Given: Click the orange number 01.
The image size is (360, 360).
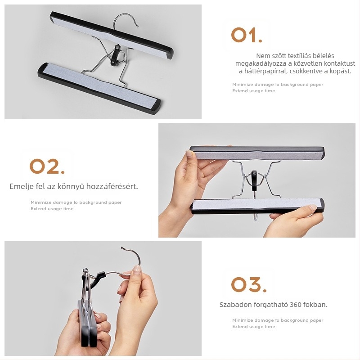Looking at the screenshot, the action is (x=247, y=35).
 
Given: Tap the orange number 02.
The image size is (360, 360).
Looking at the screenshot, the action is (x=47, y=166).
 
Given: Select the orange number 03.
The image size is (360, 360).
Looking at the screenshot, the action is (x=249, y=284).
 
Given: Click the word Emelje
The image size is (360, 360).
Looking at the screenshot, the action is (x=22, y=186).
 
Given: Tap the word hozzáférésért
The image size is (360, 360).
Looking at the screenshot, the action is (x=112, y=186).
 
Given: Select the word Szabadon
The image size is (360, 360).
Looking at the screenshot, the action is (x=234, y=305).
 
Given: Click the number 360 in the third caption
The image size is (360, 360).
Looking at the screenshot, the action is (x=296, y=305).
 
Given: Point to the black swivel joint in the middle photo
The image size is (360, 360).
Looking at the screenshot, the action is (x=254, y=181).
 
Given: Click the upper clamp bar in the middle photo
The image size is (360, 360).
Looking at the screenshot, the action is (x=257, y=153).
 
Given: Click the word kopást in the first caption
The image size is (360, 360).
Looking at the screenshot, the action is (x=341, y=71).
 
